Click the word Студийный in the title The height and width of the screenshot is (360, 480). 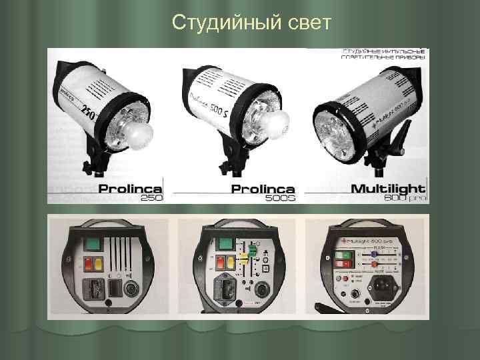221,23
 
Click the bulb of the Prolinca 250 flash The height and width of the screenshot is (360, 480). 139,133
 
